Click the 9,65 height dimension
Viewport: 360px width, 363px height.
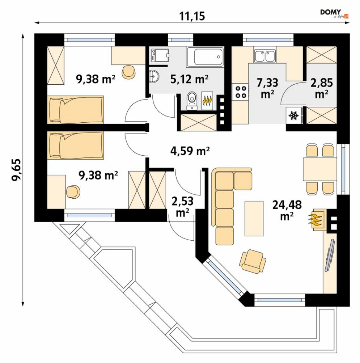pyautogui.click(x=16, y=170)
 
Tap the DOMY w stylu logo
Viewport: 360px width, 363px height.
pyautogui.click(x=334, y=13)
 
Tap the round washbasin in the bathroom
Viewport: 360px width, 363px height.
pyautogui.click(x=154, y=76)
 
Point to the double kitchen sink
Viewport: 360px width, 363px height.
pyautogui.click(x=264, y=56)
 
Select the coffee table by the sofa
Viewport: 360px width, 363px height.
pyautogui.click(x=254, y=219)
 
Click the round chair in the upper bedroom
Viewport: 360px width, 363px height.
pyautogui.click(x=129, y=72)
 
